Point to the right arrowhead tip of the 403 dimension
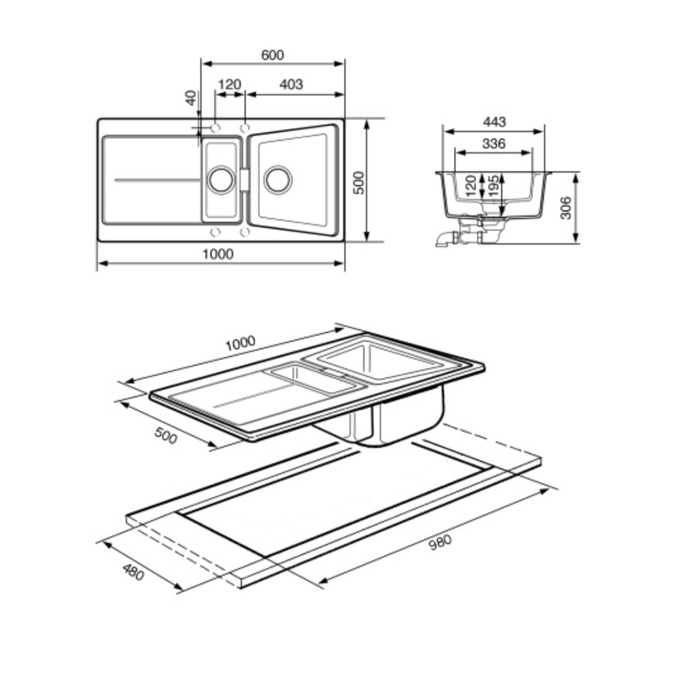click(x=344, y=94)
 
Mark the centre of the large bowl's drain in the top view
click(x=279, y=179)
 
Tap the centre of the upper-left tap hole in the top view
click(x=215, y=128)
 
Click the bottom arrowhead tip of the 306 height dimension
click(x=576, y=242)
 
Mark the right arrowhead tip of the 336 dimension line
click(x=532, y=153)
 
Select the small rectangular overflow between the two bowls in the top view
click(x=244, y=179)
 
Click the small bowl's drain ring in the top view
click(x=222, y=179)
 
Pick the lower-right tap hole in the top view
click(x=245, y=232)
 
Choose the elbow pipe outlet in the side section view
click(x=445, y=239)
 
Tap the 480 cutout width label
click(x=134, y=572)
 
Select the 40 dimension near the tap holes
click(x=191, y=98)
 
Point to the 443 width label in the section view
click(x=494, y=121)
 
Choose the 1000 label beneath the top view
click(x=218, y=254)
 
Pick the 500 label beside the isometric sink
click(x=166, y=436)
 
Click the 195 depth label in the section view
click(x=493, y=187)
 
